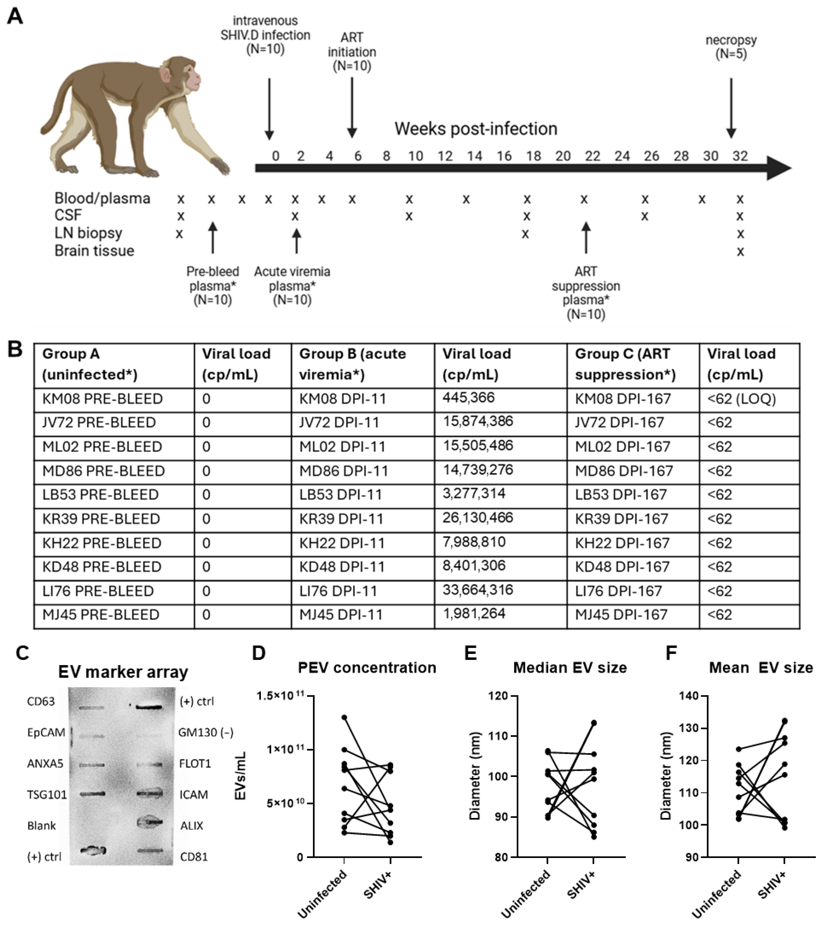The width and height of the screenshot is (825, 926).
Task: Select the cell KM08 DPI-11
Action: coord(342,399)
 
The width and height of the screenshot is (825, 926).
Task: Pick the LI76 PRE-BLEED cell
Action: coord(98,591)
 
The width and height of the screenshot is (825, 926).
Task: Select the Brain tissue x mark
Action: coord(740,252)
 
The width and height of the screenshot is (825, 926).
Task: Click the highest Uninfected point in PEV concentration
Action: coord(344,718)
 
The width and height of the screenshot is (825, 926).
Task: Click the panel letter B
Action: coord(15,350)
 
